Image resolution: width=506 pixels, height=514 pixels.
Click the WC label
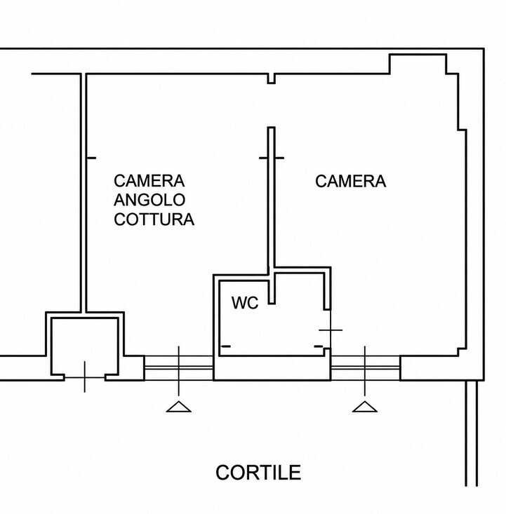click(245, 303)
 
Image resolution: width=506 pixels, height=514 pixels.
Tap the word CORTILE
click(258, 473)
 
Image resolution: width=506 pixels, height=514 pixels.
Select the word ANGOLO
click(149, 200)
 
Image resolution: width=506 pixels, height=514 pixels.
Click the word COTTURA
click(154, 219)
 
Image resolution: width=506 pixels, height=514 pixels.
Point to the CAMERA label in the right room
click(350, 182)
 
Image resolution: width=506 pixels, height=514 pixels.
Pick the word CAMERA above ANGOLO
click(149, 181)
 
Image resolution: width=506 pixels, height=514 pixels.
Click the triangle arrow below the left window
click(178, 407)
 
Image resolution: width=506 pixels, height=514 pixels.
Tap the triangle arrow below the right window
click(364, 407)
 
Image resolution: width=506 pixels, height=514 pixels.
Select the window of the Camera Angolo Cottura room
click(179, 368)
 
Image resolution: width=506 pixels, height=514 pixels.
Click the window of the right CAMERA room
click(365, 368)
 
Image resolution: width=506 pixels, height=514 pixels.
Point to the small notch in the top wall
click(271, 79)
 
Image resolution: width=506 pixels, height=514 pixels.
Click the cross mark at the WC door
click(331, 330)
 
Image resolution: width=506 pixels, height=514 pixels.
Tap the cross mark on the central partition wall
click(272, 158)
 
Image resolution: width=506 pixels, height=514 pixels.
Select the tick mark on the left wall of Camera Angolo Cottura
click(91, 158)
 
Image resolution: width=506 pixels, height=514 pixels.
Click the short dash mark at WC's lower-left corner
click(226, 346)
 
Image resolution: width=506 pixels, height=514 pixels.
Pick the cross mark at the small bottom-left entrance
click(85, 377)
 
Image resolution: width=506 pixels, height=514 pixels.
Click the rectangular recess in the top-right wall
click(418, 64)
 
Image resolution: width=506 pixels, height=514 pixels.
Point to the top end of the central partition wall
click(271, 127)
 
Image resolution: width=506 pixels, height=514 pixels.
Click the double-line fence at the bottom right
click(471, 433)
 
